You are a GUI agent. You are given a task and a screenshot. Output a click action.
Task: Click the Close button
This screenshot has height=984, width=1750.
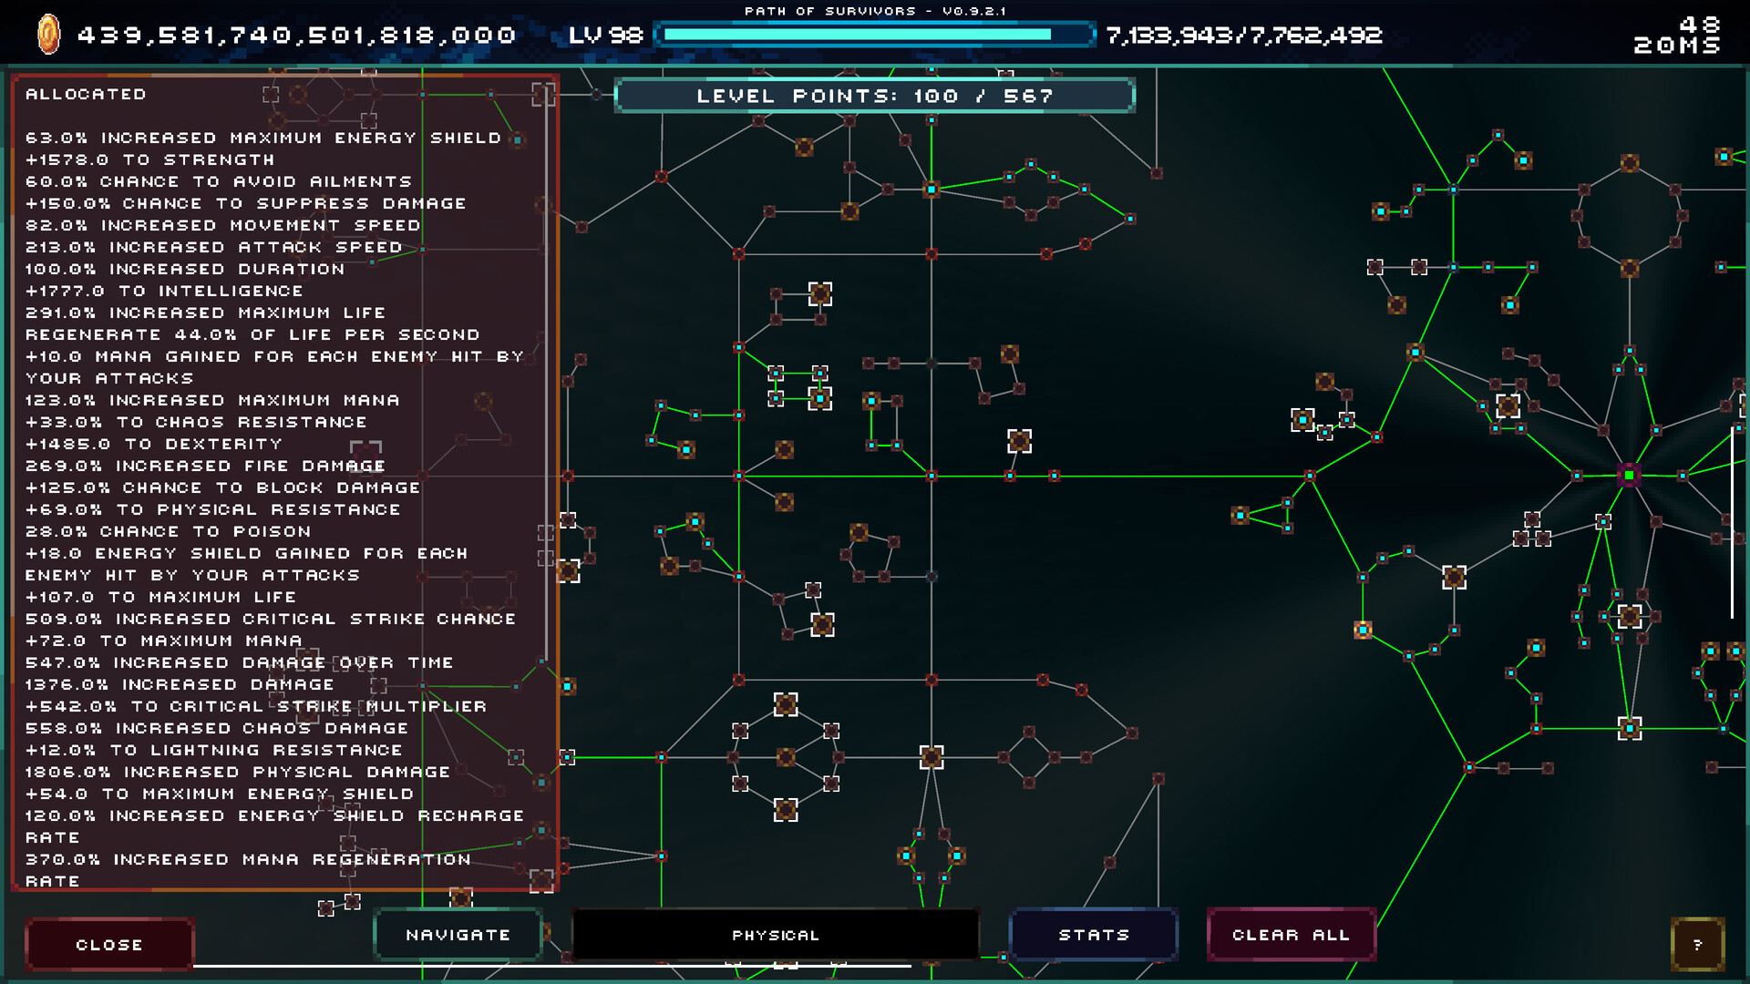click(x=109, y=945)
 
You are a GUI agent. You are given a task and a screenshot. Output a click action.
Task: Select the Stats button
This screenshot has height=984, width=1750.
click(x=1094, y=935)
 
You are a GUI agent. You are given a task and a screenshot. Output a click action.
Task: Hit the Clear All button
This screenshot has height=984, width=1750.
click(x=1291, y=935)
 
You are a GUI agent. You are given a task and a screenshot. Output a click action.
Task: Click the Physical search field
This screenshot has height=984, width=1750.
click(x=776, y=935)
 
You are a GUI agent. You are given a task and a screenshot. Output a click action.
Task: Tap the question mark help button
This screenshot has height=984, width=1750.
click(x=1697, y=945)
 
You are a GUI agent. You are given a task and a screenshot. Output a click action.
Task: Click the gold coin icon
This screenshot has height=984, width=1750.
click(x=48, y=36)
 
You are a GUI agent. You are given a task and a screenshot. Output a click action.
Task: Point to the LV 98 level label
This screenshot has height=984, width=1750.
click(x=605, y=36)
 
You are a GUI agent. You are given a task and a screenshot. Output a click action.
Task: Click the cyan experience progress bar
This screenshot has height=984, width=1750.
click(x=873, y=36)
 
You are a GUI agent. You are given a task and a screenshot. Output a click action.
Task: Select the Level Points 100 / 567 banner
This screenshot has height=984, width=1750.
click(x=875, y=96)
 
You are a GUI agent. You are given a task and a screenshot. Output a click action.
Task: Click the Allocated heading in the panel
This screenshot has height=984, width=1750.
click(x=86, y=94)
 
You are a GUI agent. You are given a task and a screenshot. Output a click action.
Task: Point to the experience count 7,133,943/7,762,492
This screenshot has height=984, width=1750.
click(x=1244, y=36)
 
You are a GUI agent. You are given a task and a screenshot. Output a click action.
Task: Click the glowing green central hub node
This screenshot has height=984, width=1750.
click(x=1629, y=475)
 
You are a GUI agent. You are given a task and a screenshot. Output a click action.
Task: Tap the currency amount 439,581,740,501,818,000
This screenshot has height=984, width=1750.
click(x=297, y=36)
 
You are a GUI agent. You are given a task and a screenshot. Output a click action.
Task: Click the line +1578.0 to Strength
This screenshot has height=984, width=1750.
click(x=149, y=159)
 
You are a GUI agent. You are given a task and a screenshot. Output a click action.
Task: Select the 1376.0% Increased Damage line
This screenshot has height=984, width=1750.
click(x=180, y=684)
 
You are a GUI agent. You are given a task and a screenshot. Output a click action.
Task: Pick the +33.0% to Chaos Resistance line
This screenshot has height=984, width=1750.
click(x=196, y=422)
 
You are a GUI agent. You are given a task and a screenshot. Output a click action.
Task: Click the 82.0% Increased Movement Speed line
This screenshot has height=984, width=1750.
click(x=223, y=225)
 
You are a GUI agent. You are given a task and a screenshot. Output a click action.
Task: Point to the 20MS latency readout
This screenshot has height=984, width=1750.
click(x=1677, y=46)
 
